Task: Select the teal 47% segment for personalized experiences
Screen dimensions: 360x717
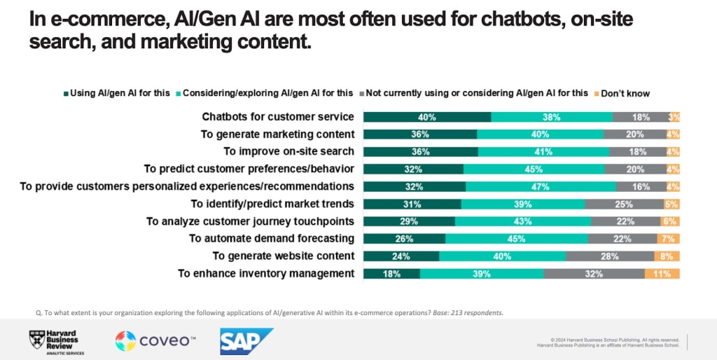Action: [541, 186]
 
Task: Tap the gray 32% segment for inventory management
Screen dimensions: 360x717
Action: [594, 273]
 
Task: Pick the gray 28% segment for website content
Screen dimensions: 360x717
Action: [609, 256]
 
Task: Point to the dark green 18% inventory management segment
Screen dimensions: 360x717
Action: [391, 273]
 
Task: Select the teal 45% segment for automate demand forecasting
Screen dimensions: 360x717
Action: [516, 238]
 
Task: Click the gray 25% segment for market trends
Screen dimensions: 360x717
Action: [624, 204]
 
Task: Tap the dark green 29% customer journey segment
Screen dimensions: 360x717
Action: [409, 221]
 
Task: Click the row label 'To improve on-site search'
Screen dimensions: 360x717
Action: [288, 151]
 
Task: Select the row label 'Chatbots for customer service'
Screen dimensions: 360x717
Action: [278, 117]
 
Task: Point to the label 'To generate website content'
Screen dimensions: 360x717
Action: [284, 256]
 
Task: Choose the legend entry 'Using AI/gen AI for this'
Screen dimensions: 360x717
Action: [115, 93]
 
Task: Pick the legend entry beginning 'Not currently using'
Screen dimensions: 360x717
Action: [476, 93]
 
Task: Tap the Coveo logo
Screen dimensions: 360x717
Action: [155, 341]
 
